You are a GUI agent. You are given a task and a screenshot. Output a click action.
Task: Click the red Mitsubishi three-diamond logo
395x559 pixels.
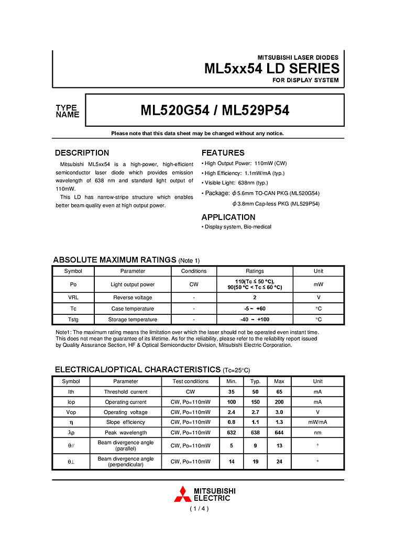click(182, 494)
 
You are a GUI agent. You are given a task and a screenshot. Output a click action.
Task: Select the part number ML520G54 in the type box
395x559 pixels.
click(175, 111)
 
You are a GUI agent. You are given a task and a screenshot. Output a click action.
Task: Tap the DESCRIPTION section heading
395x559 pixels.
click(82, 153)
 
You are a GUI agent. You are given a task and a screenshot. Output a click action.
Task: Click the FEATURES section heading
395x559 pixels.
click(223, 153)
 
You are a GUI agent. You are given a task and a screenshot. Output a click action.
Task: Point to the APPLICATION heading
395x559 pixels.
click(228, 217)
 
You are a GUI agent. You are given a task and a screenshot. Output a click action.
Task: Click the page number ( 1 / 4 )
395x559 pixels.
click(199, 509)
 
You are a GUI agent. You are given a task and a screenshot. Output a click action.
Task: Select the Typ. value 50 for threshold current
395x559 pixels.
click(255, 392)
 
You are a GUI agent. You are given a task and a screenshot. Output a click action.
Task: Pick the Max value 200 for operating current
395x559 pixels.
click(280, 402)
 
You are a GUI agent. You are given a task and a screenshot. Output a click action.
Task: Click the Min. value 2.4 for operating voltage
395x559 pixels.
click(231, 412)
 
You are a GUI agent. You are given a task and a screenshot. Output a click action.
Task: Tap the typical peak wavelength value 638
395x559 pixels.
click(255, 433)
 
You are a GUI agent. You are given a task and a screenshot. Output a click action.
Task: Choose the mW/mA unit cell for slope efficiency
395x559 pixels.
click(317, 422)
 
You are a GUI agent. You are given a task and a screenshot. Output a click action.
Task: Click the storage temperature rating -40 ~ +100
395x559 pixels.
click(255, 320)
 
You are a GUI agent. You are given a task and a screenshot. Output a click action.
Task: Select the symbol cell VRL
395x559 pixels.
click(73, 298)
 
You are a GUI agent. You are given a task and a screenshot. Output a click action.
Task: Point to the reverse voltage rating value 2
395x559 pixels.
click(255, 298)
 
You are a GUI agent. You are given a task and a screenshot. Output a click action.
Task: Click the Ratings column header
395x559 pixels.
click(255, 271)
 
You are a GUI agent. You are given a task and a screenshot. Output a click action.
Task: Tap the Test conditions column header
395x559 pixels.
click(191, 381)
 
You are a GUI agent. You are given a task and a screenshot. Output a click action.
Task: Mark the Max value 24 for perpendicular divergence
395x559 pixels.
click(280, 462)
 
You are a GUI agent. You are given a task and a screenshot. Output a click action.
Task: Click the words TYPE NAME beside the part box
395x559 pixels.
click(67, 111)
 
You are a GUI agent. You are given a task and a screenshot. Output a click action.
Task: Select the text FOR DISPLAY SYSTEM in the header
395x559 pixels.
click(305, 80)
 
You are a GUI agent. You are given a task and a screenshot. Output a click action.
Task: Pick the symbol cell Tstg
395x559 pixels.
click(73, 320)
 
